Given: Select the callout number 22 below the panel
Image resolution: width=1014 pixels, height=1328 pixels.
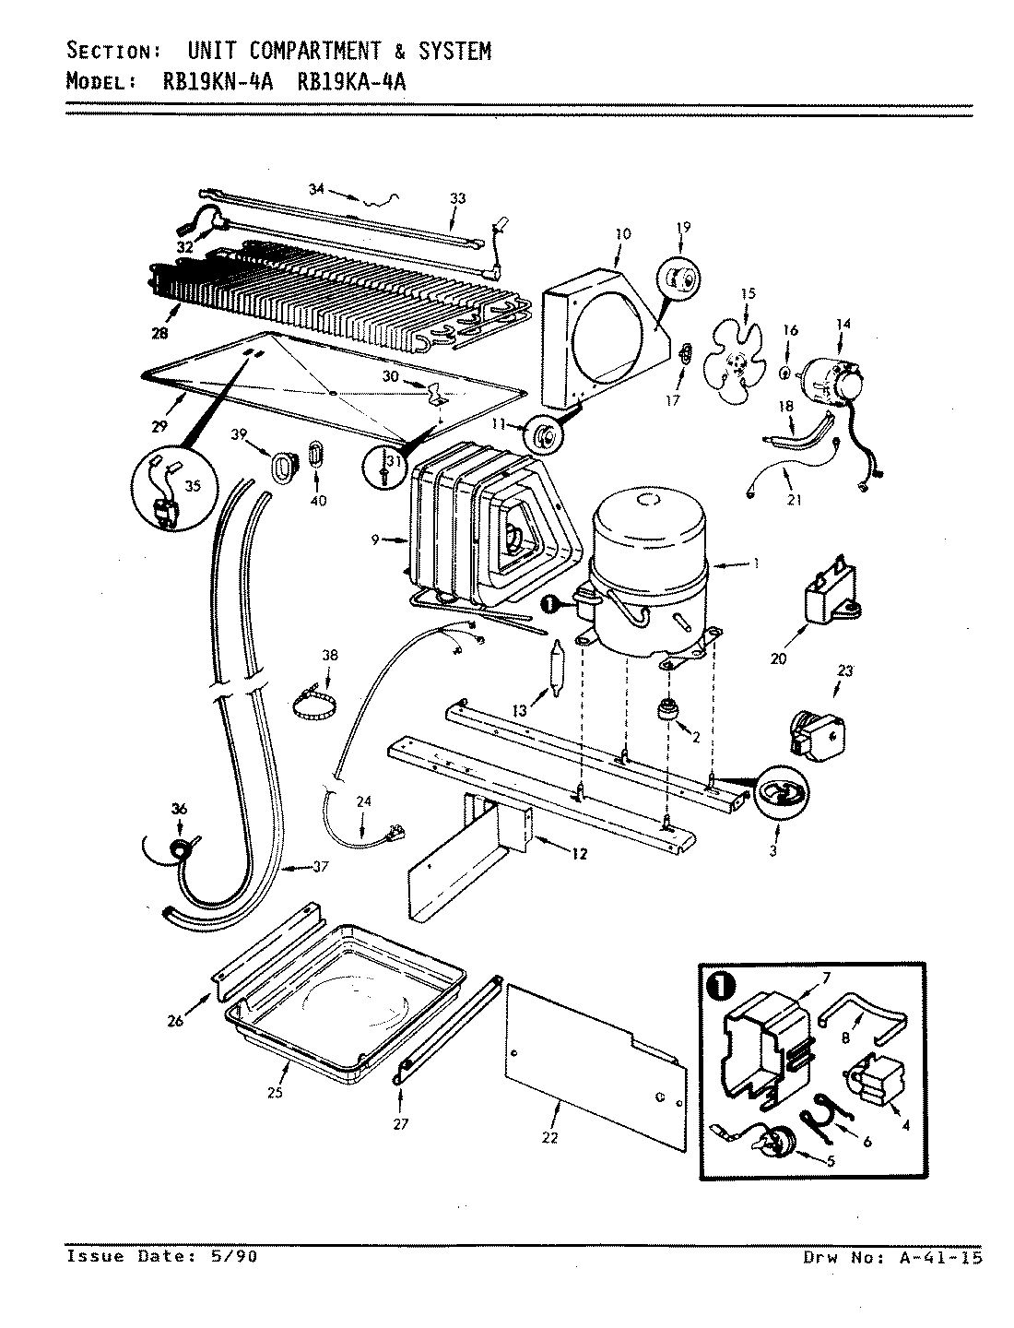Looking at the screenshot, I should pos(549,1138).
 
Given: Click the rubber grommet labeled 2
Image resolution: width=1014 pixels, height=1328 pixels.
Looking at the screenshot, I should pos(666,712).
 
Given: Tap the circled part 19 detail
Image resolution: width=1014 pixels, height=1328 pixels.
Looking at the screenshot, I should pos(679,279).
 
